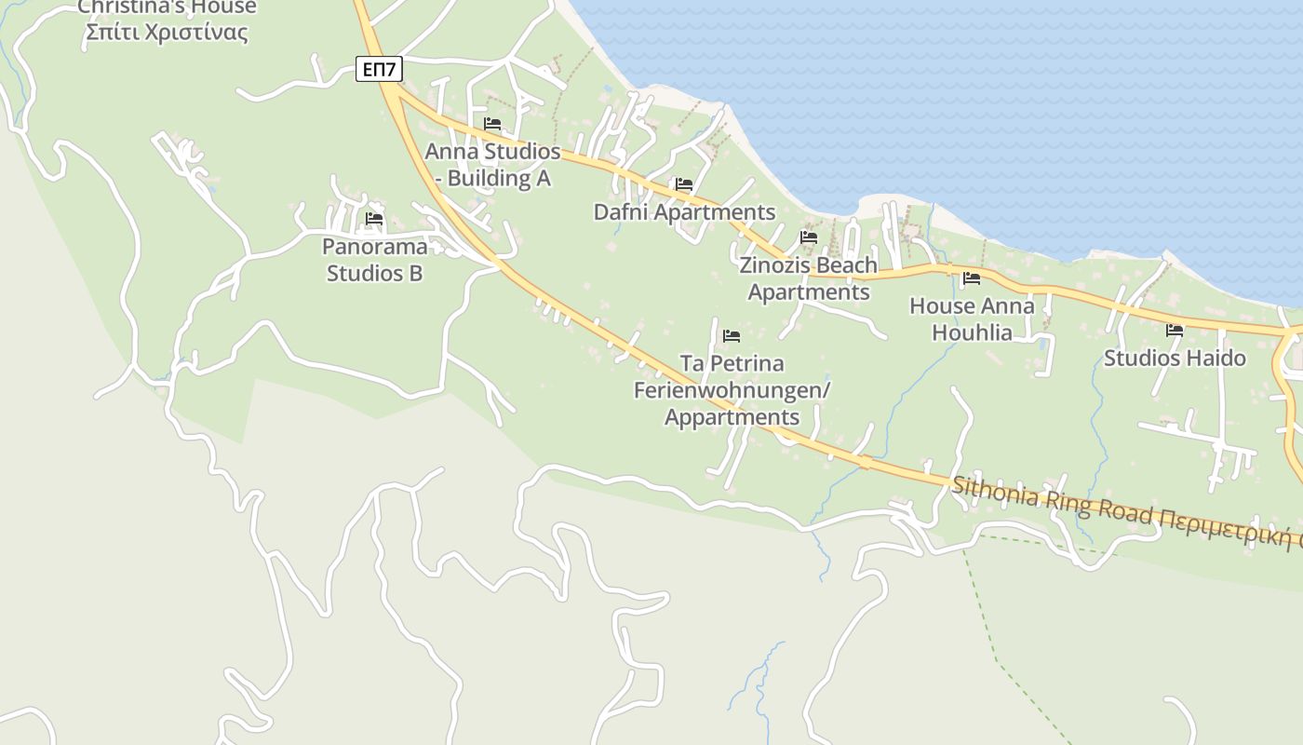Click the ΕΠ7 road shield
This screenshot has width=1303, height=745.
[x=380, y=68]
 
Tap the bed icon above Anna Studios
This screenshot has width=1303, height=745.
[x=492, y=123]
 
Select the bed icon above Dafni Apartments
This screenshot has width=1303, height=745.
[x=684, y=184]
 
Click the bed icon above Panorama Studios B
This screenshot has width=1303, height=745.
[x=374, y=219]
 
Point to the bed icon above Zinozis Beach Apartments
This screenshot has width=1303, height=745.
[x=809, y=237]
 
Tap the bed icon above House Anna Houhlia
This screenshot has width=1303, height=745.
[x=972, y=278]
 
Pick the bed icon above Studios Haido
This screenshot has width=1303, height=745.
[x=1175, y=330]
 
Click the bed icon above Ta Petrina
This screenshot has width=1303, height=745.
[x=732, y=336]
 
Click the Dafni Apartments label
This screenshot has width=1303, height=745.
[x=684, y=212]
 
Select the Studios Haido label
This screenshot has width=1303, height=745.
[x=1175, y=358]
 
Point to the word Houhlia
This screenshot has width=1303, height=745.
[x=972, y=332]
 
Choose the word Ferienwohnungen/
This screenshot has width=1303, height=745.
[x=732, y=390]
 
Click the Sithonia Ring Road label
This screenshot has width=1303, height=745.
[x=1052, y=501]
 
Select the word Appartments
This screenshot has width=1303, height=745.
[x=732, y=417]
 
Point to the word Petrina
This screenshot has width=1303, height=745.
[x=747, y=363]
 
